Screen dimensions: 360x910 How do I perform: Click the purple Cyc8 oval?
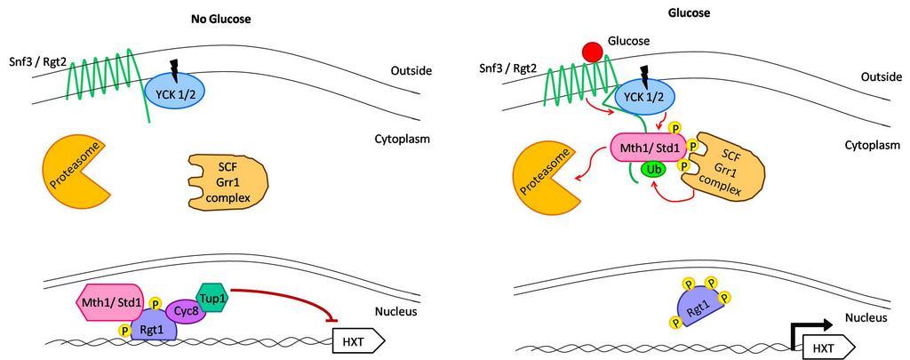[x=185, y=310]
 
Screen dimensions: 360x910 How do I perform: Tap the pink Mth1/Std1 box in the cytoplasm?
[x=651, y=146]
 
